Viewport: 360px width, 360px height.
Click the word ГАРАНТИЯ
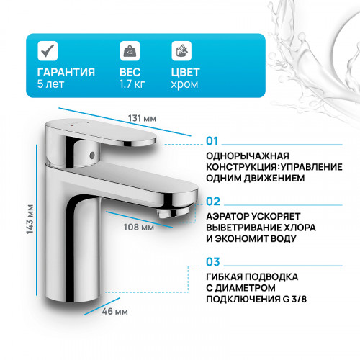(66, 72)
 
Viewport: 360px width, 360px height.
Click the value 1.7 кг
(133, 86)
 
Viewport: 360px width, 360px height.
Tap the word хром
(184, 86)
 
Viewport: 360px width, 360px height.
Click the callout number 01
(212, 141)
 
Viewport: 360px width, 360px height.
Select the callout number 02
(212, 202)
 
